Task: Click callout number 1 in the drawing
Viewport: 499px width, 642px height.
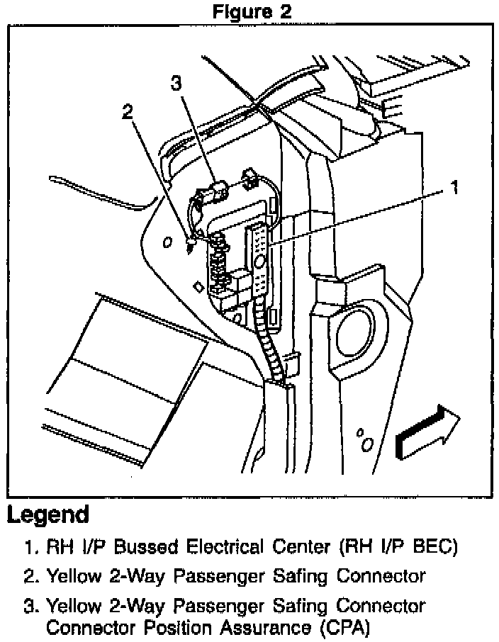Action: coord(454,188)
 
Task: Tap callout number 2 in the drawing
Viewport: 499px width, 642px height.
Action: coord(128,112)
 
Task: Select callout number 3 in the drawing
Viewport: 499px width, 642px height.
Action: coord(176,84)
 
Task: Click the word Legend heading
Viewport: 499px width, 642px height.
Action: coord(48,515)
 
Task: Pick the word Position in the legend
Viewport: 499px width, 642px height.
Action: coord(173,627)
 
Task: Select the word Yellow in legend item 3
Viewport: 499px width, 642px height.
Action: coord(72,607)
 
